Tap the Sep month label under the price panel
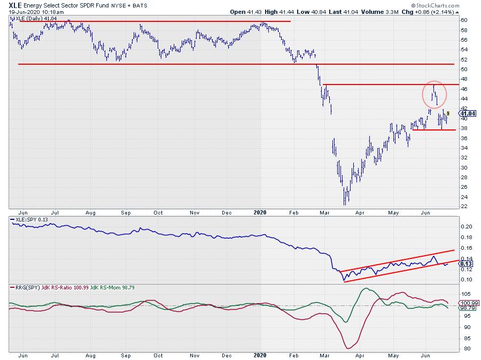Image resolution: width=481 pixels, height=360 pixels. [x=126, y=212]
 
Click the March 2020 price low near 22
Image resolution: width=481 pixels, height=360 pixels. [x=345, y=203]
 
